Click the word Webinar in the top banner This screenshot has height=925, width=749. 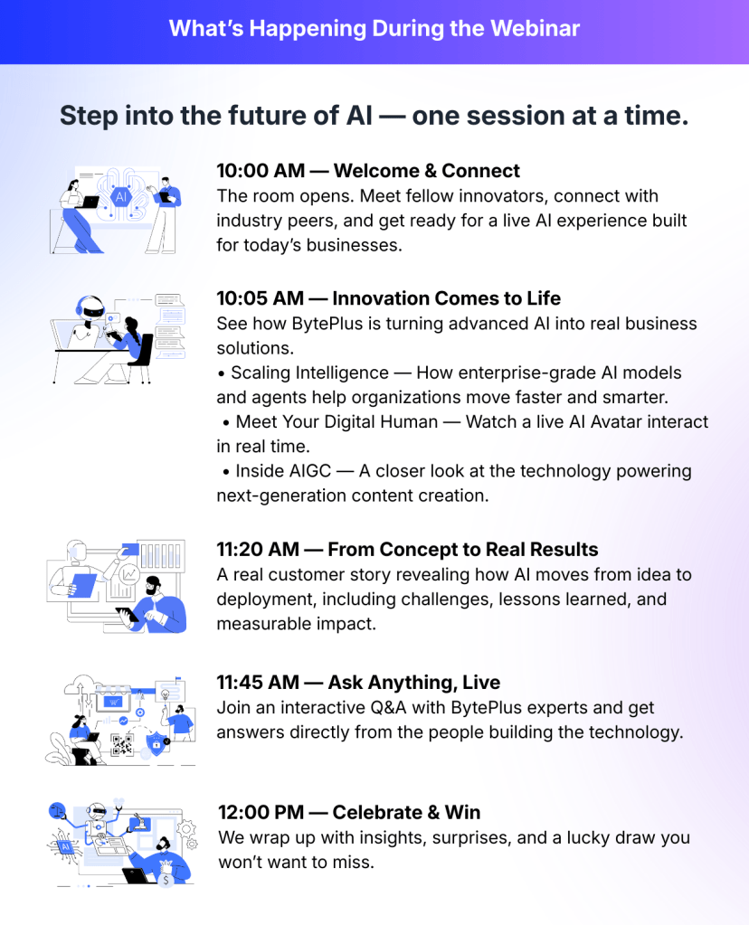click(x=535, y=28)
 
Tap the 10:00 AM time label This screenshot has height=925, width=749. click(x=261, y=171)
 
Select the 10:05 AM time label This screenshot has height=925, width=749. click(x=260, y=298)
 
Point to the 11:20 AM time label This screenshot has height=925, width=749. click(x=258, y=549)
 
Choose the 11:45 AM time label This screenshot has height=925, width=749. click(x=258, y=682)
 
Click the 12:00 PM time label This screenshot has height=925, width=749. click(x=261, y=812)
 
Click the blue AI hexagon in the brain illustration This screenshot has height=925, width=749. click(x=121, y=196)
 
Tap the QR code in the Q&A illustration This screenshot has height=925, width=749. click(x=122, y=745)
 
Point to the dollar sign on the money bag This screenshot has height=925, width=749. click(x=166, y=880)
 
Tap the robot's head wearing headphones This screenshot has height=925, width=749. click(x=90, y=307)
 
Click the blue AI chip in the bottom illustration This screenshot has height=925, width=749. click(x=66, y=847)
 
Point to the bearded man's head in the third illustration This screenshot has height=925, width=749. click(x=154, y=586)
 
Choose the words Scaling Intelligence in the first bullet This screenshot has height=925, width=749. click(x=310, y=373)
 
